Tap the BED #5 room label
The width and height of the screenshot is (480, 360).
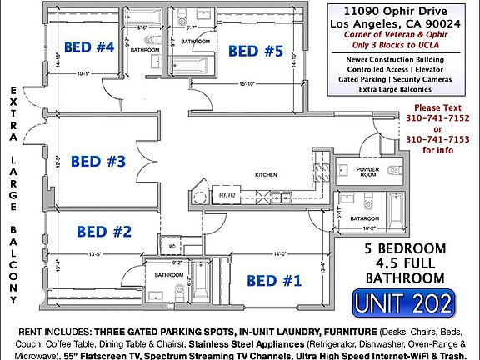coord(257,52)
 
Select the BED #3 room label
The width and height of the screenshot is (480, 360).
coord(97,161)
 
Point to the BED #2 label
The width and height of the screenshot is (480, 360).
coord(105,231)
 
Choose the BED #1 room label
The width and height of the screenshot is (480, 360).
coord(275,281)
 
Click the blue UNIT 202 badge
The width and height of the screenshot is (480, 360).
coord(403,303)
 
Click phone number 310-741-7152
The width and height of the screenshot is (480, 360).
coord(436,118)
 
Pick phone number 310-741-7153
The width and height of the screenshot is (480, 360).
coord(436,139)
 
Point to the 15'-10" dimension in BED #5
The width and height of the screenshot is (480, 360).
coord(247,84)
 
